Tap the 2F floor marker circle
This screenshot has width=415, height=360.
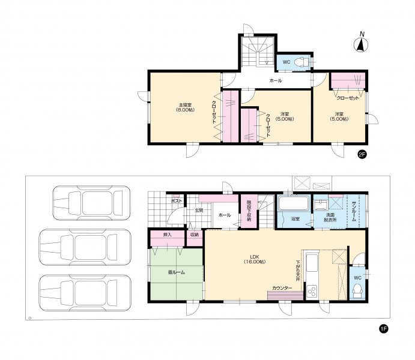click(x=362, y=154)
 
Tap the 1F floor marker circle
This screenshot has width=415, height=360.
click(x=383, y=328)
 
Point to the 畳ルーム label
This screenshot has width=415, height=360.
click(x=176, y=272)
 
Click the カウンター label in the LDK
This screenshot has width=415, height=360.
click(x=282, y=289)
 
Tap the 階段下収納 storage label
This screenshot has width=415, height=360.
click(x=249, y=211)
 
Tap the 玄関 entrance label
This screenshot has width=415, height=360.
click(x=199, y=211)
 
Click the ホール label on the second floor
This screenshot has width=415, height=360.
click(x=276, y=80)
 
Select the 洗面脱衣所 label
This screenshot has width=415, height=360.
click(x=330, y=217)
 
